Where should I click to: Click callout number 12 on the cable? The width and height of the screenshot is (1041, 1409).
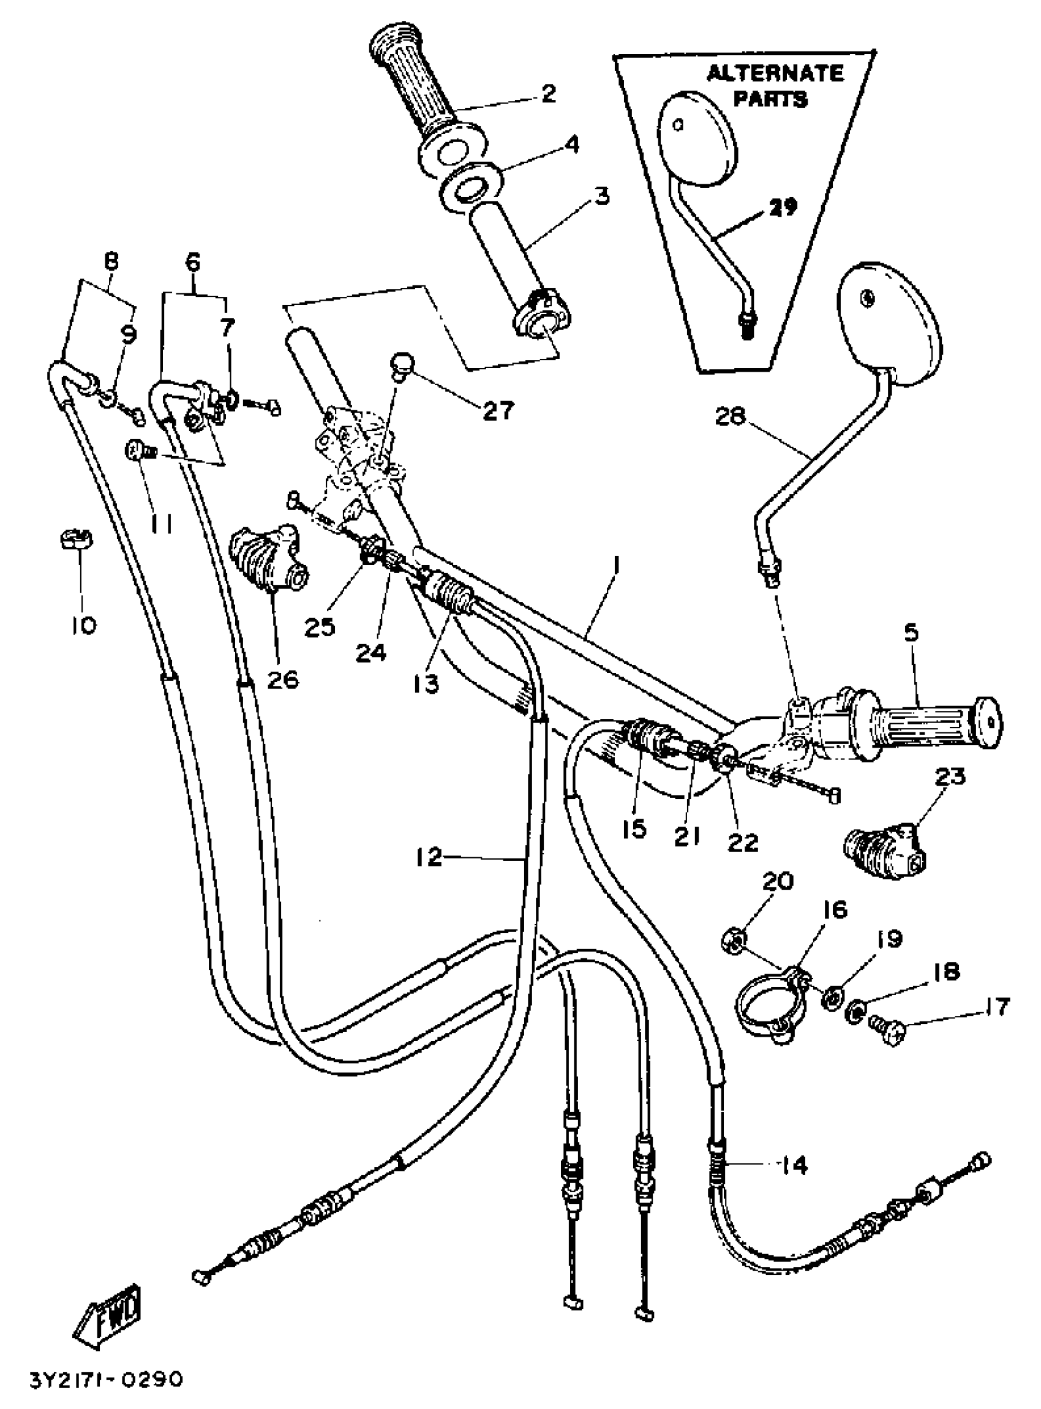(x=429, y=857)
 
